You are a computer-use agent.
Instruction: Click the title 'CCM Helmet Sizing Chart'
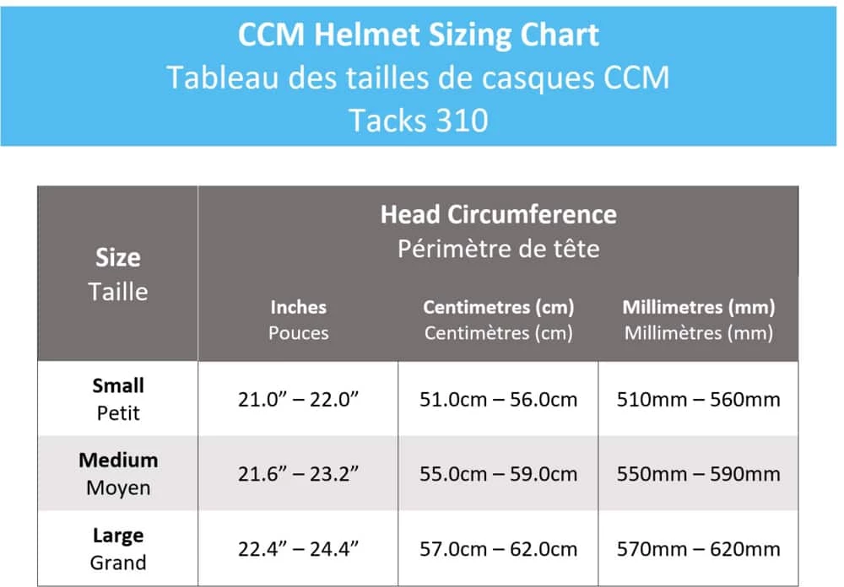click(x=419, y=35)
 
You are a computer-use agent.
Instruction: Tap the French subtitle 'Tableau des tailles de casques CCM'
click(x=419, y=78)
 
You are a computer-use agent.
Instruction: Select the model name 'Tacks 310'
click(x=419, y=120)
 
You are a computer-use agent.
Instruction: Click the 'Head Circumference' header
click(x=498, y=214)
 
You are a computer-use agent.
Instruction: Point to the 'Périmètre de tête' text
click(x=498, y=249)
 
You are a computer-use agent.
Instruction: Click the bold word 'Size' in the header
click(x=118, y=258)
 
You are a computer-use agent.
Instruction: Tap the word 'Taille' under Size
click(x=118, y=292)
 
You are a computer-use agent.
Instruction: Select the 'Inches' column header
click(x=298, y=307)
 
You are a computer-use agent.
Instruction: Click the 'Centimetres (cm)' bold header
click(x=498, y=307)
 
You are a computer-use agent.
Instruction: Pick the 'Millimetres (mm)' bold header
click(x=699, y=307)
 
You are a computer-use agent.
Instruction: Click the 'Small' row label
click(x=118, y=385)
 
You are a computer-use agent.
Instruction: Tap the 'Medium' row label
click(x=118, y=460)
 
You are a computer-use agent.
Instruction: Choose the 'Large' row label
click(x=118, y=536)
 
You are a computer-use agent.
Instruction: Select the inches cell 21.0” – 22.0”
click(x=298, y=399)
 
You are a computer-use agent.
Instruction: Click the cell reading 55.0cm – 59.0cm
click(x=498, y=474)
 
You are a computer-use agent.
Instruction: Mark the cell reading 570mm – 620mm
click(x=699, y=549)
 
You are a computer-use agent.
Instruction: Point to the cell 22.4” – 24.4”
click(x=298, y=549)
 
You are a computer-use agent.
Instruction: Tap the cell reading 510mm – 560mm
click(x=699, y=399)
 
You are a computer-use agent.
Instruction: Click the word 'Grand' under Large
click(x=118, y=563)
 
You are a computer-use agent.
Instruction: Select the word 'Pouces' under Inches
click(x=298, y=332)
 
